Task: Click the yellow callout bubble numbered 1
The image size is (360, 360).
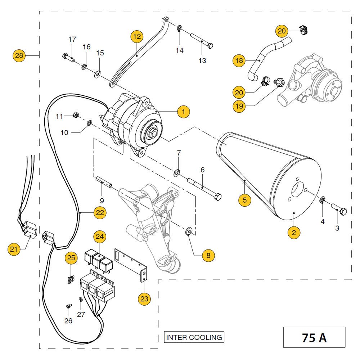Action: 184,112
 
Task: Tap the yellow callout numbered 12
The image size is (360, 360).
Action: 137,36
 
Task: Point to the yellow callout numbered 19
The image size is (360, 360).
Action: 239,106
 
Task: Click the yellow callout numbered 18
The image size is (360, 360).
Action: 239,60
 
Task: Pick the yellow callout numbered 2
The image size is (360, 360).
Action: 294,232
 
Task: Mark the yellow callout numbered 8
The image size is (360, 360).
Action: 208,255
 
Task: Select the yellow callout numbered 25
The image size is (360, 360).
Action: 71,258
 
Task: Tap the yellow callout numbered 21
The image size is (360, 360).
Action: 14,249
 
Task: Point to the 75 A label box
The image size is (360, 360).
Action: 314,338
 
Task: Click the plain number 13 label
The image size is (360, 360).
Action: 202,60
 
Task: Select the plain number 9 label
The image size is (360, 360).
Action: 102,200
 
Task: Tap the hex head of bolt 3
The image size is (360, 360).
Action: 343,211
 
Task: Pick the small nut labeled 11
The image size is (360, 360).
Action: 76,114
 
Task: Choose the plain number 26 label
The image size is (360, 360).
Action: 68,320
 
